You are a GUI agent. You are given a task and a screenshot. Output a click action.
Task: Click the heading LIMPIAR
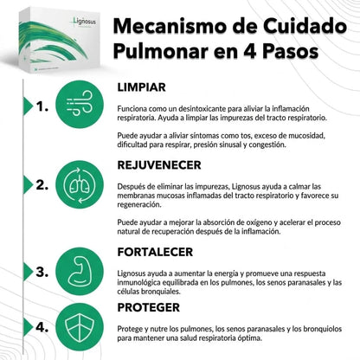[143, 88]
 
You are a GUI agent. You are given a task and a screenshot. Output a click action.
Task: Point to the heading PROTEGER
[150, 306]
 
